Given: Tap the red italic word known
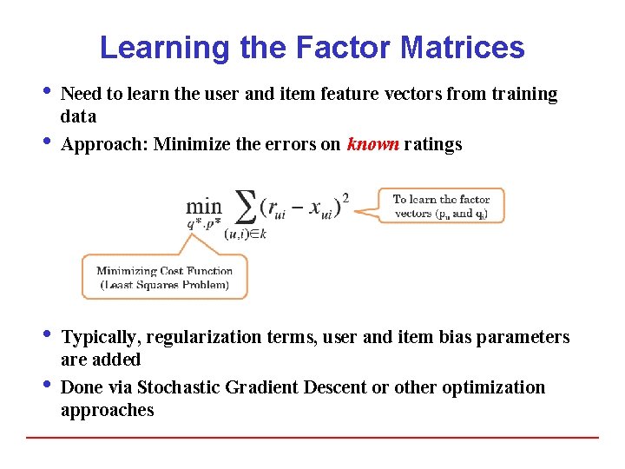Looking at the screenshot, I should click(x=372, y=145).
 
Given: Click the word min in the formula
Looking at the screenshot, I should click(x=203, y=207).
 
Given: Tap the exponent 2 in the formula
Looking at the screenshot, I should click(x=345, y=197).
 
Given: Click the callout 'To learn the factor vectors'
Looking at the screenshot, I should click(x=441, y=206).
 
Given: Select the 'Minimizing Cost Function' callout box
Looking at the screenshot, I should click(x=164, y=277).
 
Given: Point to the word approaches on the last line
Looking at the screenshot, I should click(x=107, y=410).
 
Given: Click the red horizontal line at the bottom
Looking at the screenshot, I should click(x=312, y=437).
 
